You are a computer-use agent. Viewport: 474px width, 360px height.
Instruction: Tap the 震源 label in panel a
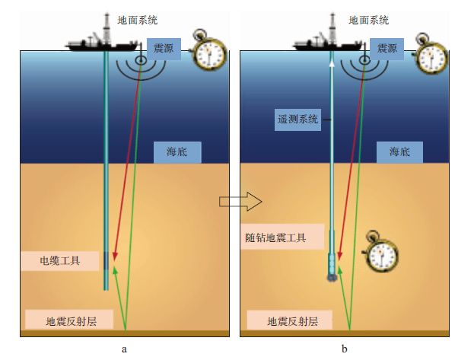pyautogui.click(x=163, y=48)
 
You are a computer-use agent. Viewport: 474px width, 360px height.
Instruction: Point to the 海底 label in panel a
pyautogui.click(x=178, y=152)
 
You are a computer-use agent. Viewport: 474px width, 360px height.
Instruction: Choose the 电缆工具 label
pyautogui.click(x=60, y=261)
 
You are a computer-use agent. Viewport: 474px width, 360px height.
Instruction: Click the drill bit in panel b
pyautogui.click(x=332, y=274)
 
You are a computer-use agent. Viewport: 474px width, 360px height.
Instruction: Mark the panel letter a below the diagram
pyautogui.click(x=124, y=349)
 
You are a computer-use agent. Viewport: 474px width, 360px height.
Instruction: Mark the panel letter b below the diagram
pyautogui.click(x=345, y=349)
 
